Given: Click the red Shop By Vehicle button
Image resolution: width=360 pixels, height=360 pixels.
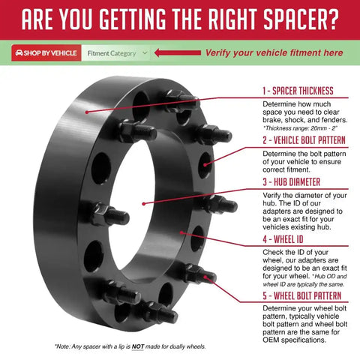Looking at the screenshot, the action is click(x=46, y=53).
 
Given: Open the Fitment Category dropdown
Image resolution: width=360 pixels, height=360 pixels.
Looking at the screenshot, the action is click(x=116, y=53).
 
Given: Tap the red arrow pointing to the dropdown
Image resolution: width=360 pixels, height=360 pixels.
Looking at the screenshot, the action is click(x=178, y=52).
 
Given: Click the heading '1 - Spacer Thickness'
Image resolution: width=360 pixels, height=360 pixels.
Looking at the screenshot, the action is click(x=298, y=91).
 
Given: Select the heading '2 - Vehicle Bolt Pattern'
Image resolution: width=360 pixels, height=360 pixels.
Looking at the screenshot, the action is click(x=304, y=140).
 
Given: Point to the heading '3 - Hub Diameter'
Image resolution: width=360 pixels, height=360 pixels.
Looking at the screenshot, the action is click(x=291, y=182).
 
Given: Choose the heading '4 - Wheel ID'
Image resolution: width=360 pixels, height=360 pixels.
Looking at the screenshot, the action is click(x=283, y=239).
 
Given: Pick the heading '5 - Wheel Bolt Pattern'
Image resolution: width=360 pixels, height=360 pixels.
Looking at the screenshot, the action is click(x=302, y=295).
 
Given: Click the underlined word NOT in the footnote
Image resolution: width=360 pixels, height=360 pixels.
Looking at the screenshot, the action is click(x=138, y=346).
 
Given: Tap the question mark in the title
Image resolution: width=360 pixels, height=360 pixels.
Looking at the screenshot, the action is click(x=332, y=19).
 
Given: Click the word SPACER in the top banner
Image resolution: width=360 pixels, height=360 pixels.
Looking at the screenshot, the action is click(x=294, y=19).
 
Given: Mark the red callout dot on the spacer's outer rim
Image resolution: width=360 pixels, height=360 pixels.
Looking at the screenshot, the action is click(x=87, y=112).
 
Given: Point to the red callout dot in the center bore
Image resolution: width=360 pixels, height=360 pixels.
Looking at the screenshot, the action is click(x=144, y=204).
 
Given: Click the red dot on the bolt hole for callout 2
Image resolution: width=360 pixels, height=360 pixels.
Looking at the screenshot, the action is click(x=205, y=165).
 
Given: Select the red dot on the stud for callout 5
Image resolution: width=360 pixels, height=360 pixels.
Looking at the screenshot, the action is click(x=205, y=277).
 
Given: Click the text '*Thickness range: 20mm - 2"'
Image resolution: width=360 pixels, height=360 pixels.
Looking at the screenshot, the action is click(x=300, y=128).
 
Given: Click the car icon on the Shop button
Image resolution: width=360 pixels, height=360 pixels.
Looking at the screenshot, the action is click(x=19, y=53).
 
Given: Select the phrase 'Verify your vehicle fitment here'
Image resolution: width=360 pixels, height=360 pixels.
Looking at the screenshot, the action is click(x=274, y=52).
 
